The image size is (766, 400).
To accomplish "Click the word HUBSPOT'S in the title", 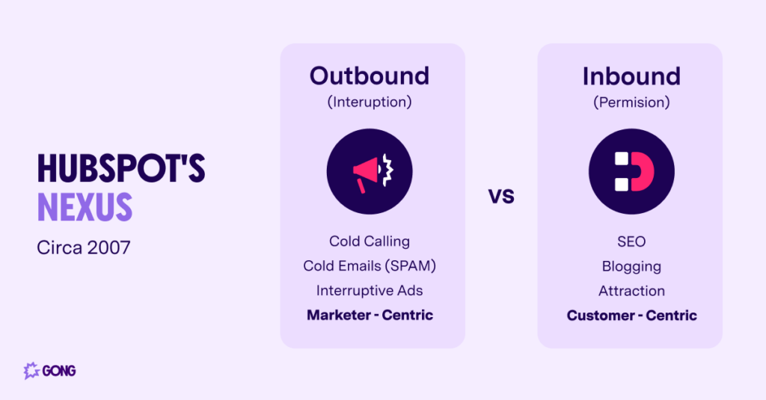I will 121,170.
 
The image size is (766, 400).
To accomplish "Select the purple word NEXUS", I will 85,206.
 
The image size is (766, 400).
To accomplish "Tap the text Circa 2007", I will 83,247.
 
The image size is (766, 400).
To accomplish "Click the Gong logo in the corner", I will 50,370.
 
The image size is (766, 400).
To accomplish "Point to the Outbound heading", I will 370,76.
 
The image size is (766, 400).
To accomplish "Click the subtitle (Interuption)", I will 370,102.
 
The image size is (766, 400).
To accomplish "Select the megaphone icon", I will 370,172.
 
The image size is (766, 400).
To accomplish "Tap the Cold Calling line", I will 370,241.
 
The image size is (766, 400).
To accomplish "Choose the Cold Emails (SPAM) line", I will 370,266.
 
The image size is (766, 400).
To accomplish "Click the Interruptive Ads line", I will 370,291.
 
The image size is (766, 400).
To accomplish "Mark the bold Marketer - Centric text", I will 370,315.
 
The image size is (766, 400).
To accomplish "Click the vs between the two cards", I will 501,197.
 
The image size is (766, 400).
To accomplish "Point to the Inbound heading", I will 631,76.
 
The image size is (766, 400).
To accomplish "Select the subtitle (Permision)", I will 631,102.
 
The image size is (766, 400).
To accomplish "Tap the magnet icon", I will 631,172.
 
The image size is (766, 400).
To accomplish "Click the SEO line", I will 631,241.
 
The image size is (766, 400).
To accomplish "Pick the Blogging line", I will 631,266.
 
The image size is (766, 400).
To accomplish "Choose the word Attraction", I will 631,291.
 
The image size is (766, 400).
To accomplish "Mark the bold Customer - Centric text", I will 631,315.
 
